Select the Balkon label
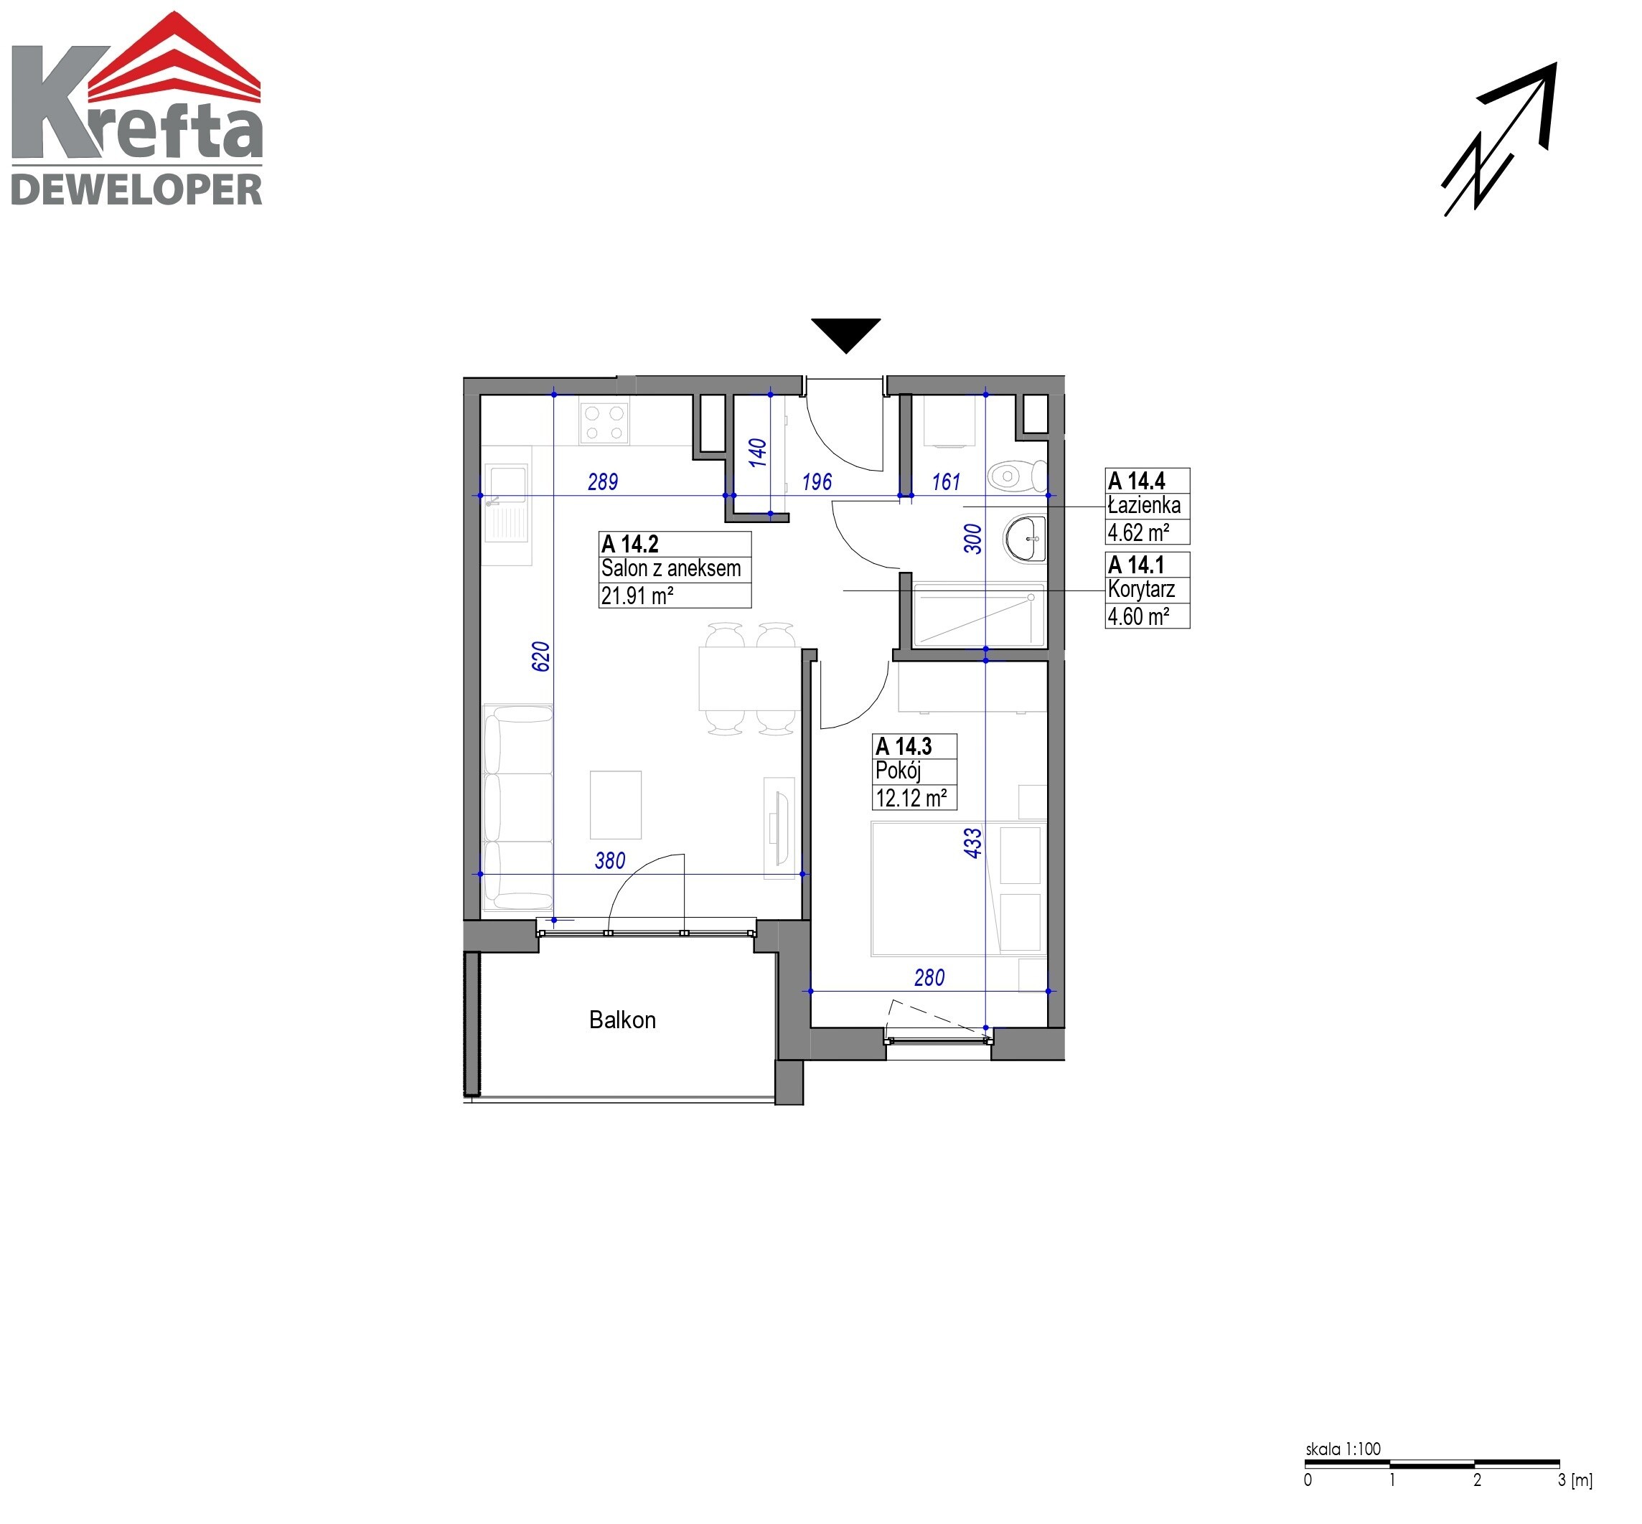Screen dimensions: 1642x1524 coord(621,1020)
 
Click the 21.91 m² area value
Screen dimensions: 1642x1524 coord(637,595)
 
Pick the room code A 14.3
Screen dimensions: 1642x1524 coord(903,746)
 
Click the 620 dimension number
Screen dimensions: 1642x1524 coord(540,657)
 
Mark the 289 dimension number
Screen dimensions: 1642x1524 coord(602,481)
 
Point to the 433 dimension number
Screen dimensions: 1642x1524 coord(973,843)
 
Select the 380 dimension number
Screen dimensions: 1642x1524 coord(609,860)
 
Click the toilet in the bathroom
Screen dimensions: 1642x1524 coord(1016,476)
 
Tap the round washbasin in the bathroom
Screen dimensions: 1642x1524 coord(1024,537)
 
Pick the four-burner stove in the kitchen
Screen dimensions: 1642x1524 coord(604,421)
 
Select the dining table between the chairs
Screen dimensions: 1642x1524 coord(749,679)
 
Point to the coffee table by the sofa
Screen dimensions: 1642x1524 coord(615,804)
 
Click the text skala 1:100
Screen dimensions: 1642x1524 coord(1343,1448)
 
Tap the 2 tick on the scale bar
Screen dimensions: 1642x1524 coord(1476,1480)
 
